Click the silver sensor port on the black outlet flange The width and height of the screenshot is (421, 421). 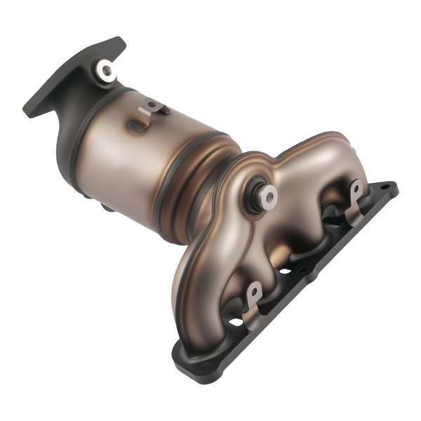(x=106, y=69)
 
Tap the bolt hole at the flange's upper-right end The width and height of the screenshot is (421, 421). (x=385, y=188)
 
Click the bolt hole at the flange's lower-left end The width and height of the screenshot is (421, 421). (x=205, y=366)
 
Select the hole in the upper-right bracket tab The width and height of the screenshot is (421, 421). (x=356, y=189)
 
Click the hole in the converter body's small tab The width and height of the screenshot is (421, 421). (x=148, y=106)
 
